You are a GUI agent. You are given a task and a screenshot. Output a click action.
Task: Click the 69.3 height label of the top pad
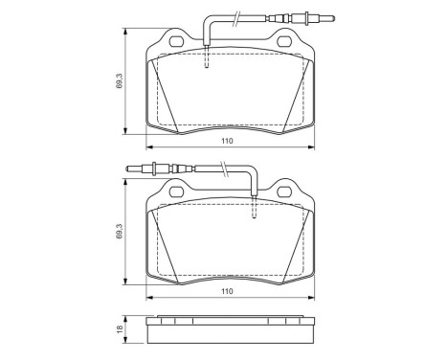coord(120,83)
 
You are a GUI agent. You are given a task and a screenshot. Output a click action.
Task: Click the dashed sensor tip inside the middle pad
coord(252,212)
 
